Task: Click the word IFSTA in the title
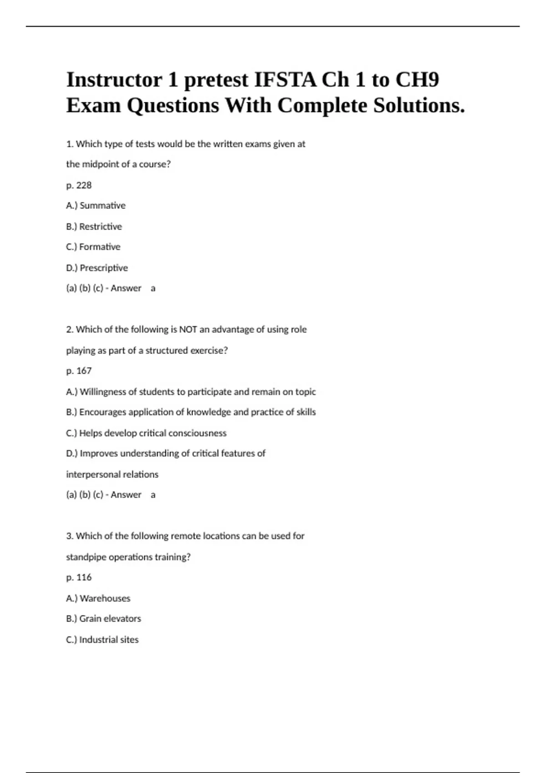tap(285, 80)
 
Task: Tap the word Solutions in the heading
tap(419, 106)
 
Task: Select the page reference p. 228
tap(79, 185)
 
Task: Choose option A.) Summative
tap(96, 206)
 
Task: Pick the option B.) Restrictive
tap(94, 226)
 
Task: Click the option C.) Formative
tap(93, 247)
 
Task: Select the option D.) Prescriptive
tap(97, 268)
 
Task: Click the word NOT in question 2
tap(188, 329)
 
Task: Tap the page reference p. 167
tap(79, 371)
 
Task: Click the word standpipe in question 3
tap(86, 557)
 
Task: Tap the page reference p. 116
tap(79, 577)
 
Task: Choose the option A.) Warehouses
tap(98, 598)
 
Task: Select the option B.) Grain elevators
tap(103, 619)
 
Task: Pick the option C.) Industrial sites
tap(102, 640)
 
